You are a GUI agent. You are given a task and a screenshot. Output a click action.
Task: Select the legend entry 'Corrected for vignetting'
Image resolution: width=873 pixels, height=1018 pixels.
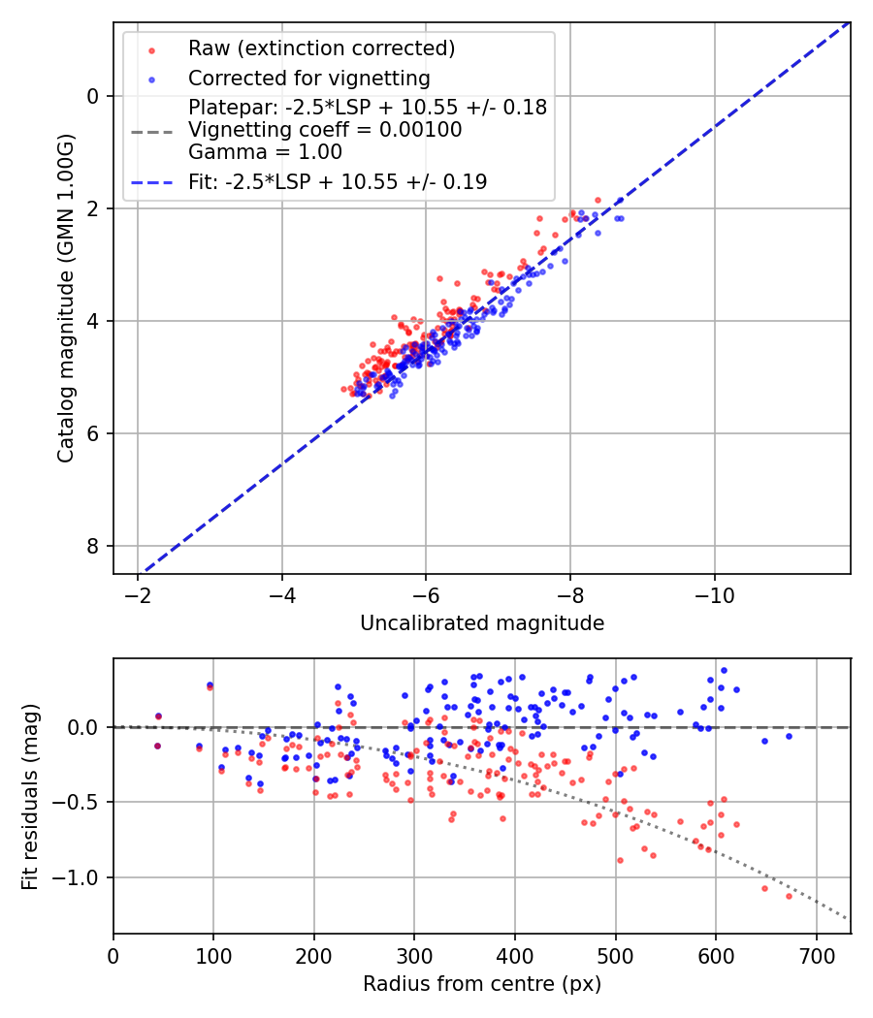[308, 78]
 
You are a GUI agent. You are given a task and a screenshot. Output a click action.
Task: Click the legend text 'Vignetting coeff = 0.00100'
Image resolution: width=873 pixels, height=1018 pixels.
[325, 130]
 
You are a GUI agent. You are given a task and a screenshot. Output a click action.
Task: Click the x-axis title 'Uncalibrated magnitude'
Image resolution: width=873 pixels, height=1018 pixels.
[482, 623]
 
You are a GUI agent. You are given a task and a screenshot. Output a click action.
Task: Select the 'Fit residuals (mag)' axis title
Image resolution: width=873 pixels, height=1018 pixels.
[30, 795]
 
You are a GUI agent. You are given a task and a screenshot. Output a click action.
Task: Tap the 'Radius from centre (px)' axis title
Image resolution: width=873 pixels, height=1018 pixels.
[482, 984]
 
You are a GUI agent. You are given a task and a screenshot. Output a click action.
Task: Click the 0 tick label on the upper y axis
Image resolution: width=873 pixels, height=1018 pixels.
[93, 96]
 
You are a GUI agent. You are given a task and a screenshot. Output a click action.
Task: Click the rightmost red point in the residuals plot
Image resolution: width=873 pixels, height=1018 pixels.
[789, 896]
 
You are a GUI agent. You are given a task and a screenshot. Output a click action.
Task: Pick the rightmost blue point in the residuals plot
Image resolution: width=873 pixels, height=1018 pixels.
[789, 736]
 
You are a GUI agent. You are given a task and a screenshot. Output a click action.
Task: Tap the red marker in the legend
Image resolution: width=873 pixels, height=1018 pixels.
[151, 49]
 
